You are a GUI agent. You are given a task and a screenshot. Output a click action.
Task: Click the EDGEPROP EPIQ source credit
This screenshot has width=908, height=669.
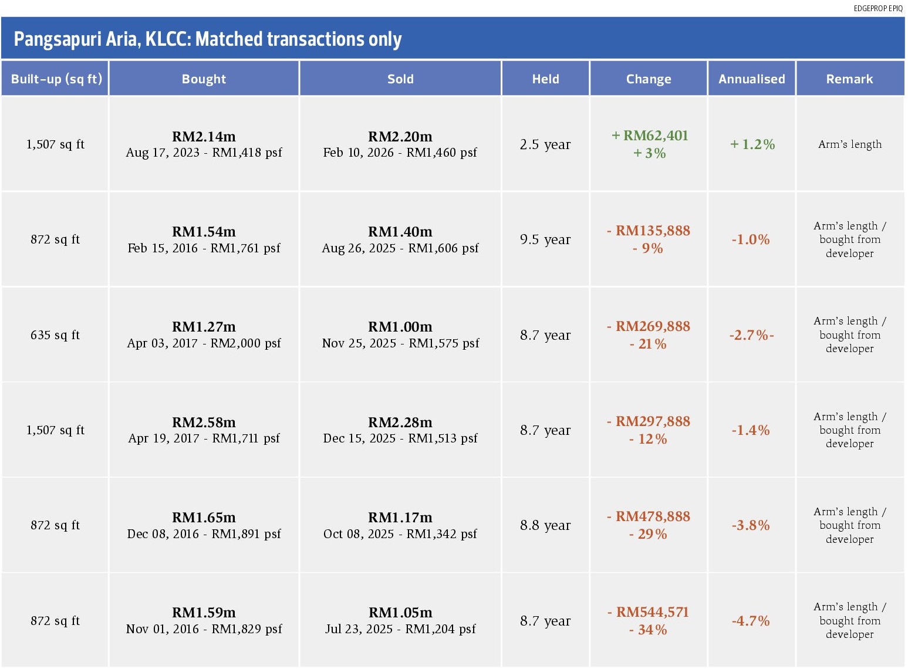878,8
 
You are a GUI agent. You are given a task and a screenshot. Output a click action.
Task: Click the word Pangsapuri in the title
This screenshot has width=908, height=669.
57,40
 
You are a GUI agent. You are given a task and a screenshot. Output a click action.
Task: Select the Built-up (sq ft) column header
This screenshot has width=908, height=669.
56,79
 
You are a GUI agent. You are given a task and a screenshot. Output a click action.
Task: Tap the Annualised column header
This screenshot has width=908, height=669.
751,79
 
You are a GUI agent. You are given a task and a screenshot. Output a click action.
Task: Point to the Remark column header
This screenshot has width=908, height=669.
849,79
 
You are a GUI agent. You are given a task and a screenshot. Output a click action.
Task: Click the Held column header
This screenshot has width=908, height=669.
546,79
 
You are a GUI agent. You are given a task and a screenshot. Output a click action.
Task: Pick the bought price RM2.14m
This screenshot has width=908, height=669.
204,137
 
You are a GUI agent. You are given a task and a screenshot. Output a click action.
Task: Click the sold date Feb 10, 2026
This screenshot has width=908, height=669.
359,153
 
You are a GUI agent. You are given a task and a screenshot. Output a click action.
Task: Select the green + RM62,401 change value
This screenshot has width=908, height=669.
650,136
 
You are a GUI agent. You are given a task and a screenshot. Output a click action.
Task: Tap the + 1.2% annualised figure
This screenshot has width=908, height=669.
752,144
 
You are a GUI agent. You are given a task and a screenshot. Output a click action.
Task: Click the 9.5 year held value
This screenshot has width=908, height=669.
545,239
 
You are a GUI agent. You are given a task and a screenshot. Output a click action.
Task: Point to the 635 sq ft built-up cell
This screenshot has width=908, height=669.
55,335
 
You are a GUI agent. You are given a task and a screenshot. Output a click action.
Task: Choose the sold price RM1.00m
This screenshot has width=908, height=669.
400,327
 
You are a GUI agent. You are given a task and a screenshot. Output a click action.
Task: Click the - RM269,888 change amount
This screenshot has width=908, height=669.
649,326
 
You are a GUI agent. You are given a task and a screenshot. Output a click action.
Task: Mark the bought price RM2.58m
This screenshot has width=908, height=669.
204,422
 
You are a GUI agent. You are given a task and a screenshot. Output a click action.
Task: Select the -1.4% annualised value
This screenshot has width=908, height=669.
751,430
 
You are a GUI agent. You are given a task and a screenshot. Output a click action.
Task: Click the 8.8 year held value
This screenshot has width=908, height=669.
545,526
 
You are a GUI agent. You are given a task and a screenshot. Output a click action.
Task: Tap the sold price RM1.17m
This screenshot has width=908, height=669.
400,518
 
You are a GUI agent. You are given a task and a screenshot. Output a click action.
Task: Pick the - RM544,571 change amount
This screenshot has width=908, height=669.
649,612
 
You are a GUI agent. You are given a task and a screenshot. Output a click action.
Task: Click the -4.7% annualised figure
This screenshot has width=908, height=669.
751,621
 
